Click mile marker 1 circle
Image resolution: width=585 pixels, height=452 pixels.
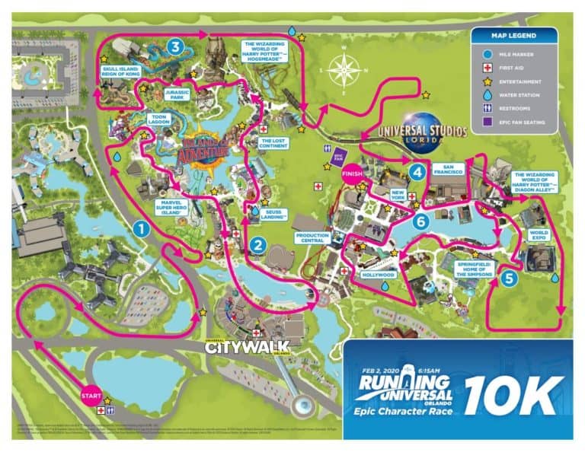[x=139, y=226]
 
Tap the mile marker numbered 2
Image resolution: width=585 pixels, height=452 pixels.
[x=258, y=245]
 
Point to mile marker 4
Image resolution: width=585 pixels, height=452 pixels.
[x=416, y=173]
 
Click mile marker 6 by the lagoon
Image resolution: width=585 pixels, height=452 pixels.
[x=420, y=221]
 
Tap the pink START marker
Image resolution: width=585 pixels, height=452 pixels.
[x=90, y=396]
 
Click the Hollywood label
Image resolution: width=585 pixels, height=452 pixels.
[x=379, y=274]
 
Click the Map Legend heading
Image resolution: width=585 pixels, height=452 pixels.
[x=513, y=36]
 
